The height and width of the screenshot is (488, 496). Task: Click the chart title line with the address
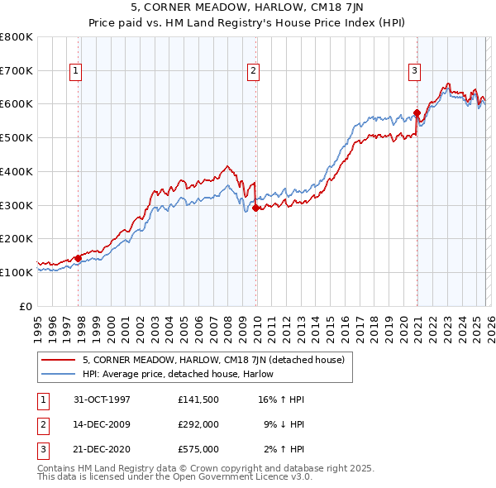(248, 9)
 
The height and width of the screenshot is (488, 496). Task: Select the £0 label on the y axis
(26, 306)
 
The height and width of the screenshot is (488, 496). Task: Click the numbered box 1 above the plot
(75, 72)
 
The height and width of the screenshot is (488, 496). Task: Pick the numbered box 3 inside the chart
(413, 72)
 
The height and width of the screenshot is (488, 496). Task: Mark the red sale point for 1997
(79, 258)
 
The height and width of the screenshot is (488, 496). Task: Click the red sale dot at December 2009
(255, 208)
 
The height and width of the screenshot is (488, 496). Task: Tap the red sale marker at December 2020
(417, 113)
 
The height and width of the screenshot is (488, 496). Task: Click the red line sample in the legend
(60, 360)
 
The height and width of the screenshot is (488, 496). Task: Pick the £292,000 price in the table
(198, 424)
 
